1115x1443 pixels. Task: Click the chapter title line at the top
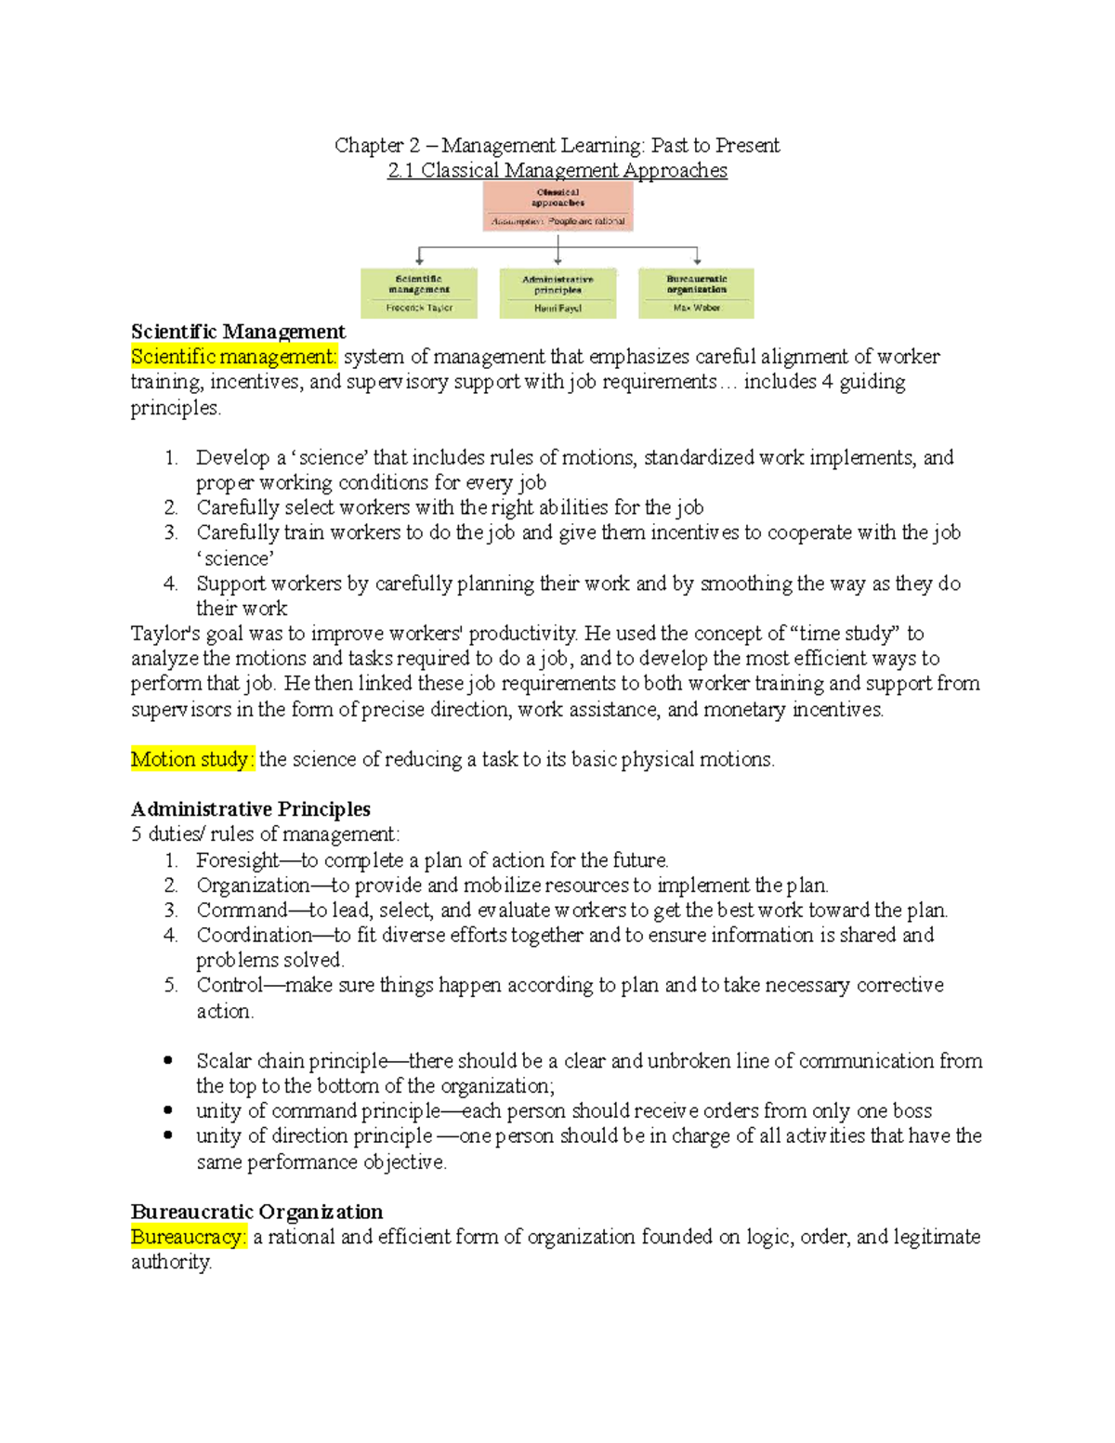(557, 145)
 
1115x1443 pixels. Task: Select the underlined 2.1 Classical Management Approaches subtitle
(557, 170)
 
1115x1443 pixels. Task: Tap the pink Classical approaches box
(557, 205)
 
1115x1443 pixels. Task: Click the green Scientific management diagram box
(419, 293)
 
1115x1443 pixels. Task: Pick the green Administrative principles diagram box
(557, 293)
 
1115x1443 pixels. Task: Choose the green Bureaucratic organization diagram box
(696, 293)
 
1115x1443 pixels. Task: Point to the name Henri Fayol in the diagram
(557, 308)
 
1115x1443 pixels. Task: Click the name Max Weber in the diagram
(696, 308)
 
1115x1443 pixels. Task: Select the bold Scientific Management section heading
(238, 332)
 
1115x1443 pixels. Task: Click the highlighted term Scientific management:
(234, 357)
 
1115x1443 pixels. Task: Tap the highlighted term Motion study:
(191, 759)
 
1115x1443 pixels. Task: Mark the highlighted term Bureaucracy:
(189, 1237)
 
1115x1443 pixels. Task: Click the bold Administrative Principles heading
(251, 809)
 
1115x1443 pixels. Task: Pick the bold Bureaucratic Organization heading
(256, 1212)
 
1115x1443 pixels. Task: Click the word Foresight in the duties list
(237, 860)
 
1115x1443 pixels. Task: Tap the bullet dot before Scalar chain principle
(168, 1060)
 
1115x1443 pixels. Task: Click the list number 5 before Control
(170, 985)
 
